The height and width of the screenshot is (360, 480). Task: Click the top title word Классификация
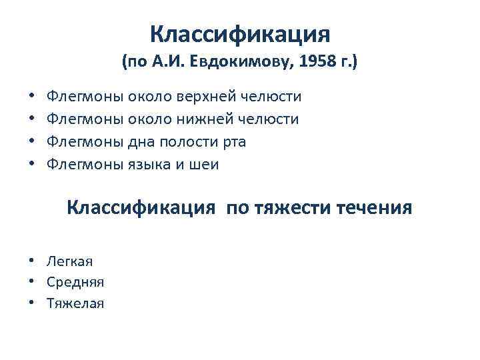(239, 33)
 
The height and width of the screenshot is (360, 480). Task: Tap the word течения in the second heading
(373, 208)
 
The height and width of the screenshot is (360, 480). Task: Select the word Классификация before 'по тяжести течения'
(141, 208)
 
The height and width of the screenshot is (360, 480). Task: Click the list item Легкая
(70, 260)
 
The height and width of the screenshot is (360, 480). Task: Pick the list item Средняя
(75, 282)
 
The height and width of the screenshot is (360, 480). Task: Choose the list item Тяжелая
(75, 304)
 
